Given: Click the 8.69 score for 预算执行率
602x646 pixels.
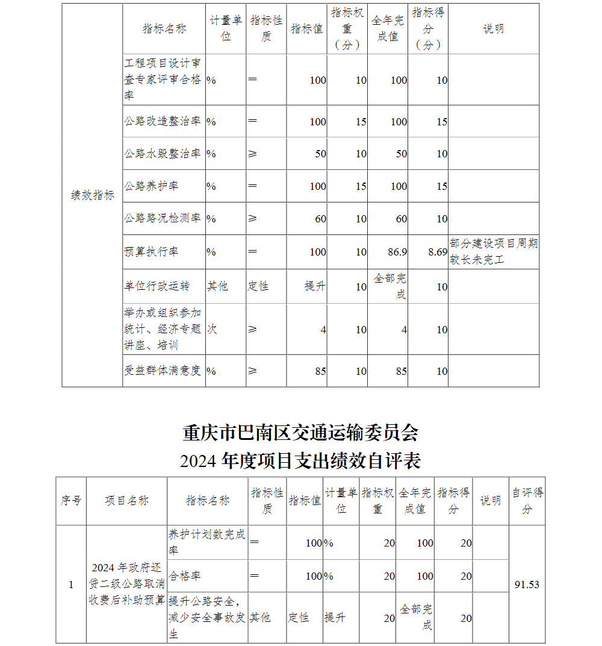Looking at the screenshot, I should point(438,251).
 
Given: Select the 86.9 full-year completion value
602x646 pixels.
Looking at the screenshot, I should point(397,251).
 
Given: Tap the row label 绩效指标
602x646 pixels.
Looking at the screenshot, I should point(92,195).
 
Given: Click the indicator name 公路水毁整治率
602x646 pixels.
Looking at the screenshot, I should point(163,154).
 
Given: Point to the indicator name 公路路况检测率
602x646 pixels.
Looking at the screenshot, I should point(163,218).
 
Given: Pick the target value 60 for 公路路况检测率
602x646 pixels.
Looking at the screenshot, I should point(320,219).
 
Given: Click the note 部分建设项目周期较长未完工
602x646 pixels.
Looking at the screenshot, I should point(494,251).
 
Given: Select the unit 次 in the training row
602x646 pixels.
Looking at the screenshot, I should point(212,329).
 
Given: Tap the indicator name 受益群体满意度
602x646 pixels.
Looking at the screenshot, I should point(163,371).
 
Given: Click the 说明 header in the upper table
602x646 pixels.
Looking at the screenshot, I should point(493,29).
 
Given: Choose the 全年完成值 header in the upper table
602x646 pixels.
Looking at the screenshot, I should point(388,28).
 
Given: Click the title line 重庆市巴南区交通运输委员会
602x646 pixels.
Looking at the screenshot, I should point(300,433).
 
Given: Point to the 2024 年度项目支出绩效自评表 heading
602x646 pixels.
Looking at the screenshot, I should point(300,461).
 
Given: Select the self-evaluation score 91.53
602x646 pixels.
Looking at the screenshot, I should point(527,585).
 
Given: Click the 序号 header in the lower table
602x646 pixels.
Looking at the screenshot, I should point(71,501).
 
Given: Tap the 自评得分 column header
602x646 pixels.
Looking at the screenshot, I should point(527,501).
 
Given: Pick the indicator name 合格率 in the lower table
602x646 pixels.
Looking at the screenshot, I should point(185,575).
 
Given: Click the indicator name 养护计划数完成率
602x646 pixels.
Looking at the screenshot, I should point(206,542).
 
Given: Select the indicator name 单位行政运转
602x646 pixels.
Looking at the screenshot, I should point(157,286).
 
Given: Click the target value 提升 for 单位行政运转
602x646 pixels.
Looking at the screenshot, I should point(315,286).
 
